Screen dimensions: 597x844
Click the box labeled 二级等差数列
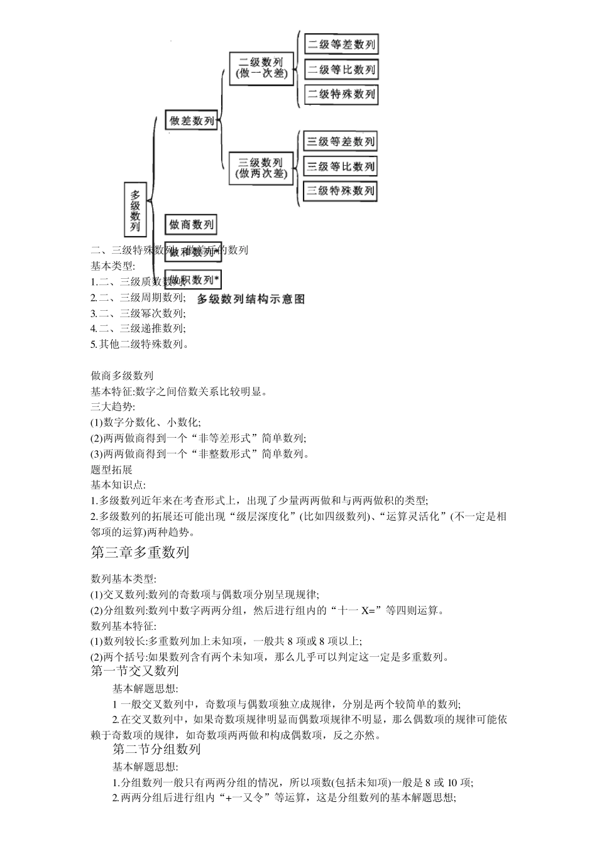tap(341, 45)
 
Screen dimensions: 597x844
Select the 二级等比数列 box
tap(341, 70)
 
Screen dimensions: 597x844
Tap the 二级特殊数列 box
tap(341, 94)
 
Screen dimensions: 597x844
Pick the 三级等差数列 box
tap(340, 141)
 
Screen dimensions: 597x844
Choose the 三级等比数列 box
tap(340, 166)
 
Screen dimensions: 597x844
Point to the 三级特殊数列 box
tap(340, 191)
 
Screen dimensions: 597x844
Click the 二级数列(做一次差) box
tap(261, 68)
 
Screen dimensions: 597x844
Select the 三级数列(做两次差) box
tap(261, 168)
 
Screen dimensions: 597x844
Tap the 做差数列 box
tap(191, 121)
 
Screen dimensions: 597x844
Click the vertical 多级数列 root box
tap(135, 209)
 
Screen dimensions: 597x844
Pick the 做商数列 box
tap(191, 224)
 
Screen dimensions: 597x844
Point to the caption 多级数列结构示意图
tap(251, 299)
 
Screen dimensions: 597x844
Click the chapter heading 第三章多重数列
tap(140, 553)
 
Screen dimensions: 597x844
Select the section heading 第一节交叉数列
tap(134, 671)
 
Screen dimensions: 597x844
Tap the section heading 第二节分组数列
tap(156, 749)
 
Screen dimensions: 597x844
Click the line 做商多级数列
tap(122, 376)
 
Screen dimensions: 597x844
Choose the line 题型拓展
tap(112, 470)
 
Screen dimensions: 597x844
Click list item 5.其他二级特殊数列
tap(140, 344)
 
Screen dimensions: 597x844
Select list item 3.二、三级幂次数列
tap(138, 313)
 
